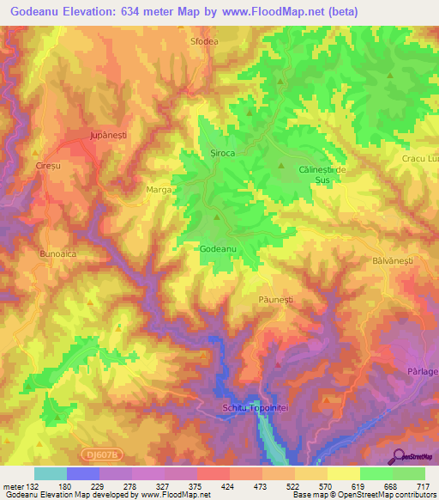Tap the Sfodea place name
(205, 40)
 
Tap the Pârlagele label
(419, 371)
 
